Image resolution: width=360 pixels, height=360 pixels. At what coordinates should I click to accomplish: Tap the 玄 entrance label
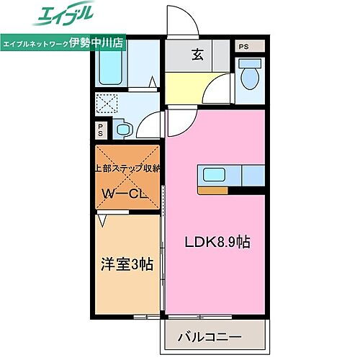click(197, 53)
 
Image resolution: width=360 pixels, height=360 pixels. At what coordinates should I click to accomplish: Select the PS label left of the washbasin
click(100, 132)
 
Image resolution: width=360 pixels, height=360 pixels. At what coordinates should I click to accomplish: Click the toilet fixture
click(250, 77)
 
